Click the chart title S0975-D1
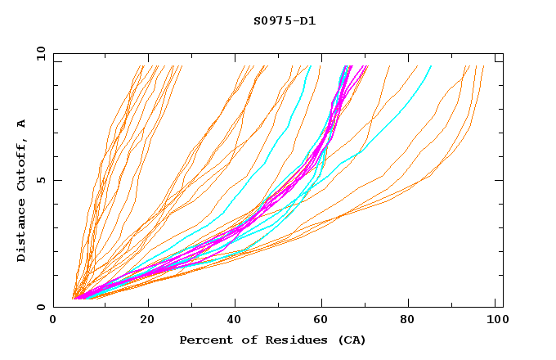(284, 21)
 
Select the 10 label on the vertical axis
(39, 53)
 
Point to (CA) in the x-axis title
(352, 340)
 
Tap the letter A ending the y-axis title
(21, 123)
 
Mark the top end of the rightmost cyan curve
(431, 66)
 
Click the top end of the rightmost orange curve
(483, 66)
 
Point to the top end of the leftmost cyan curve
(310, 66)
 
